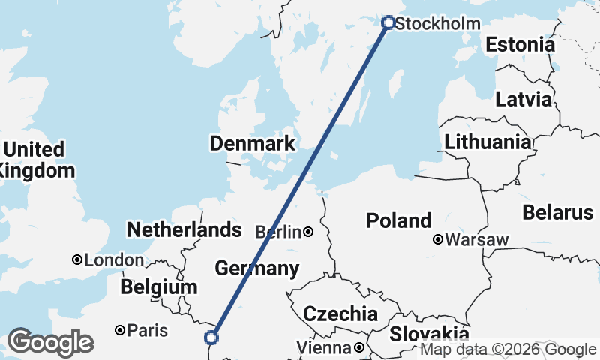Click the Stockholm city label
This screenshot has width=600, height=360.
click(437, 24)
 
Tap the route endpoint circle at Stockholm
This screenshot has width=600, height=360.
click(388, 22)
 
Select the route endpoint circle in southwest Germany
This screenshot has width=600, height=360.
click(211, 337)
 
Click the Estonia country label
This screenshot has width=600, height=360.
click(520, 45)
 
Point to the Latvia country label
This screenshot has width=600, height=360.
click(523, 100)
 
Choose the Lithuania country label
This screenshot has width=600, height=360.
click(487, 142)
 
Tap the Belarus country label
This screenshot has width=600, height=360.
click(558, 212)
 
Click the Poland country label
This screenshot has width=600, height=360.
click(399, 220)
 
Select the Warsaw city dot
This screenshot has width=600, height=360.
click(438, 240)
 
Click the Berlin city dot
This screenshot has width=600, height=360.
click(308, 232)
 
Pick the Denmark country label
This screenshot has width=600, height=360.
click(253, 143)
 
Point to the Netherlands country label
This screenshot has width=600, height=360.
click(184, 229)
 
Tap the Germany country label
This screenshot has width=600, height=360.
click(257, 268)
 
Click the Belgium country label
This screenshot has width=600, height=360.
click(159, 287)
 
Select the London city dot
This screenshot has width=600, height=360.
click(76, 259)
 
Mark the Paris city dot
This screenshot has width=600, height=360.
click(119, 330)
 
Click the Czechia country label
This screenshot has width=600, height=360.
click(340, 313)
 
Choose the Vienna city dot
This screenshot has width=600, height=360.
click(359, 347)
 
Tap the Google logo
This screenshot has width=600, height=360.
click(49, 342)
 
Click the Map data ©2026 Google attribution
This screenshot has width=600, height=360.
click(509, 349)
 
